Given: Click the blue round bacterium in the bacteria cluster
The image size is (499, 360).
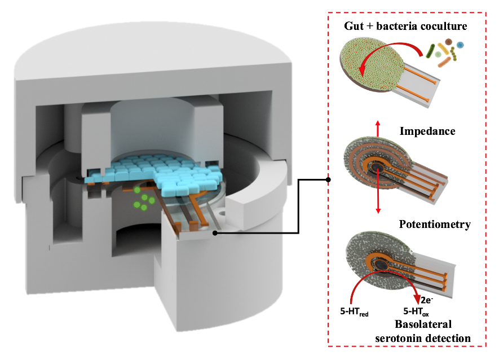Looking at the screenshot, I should (460, 45).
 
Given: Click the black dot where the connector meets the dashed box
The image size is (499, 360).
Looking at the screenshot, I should (329, 181).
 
